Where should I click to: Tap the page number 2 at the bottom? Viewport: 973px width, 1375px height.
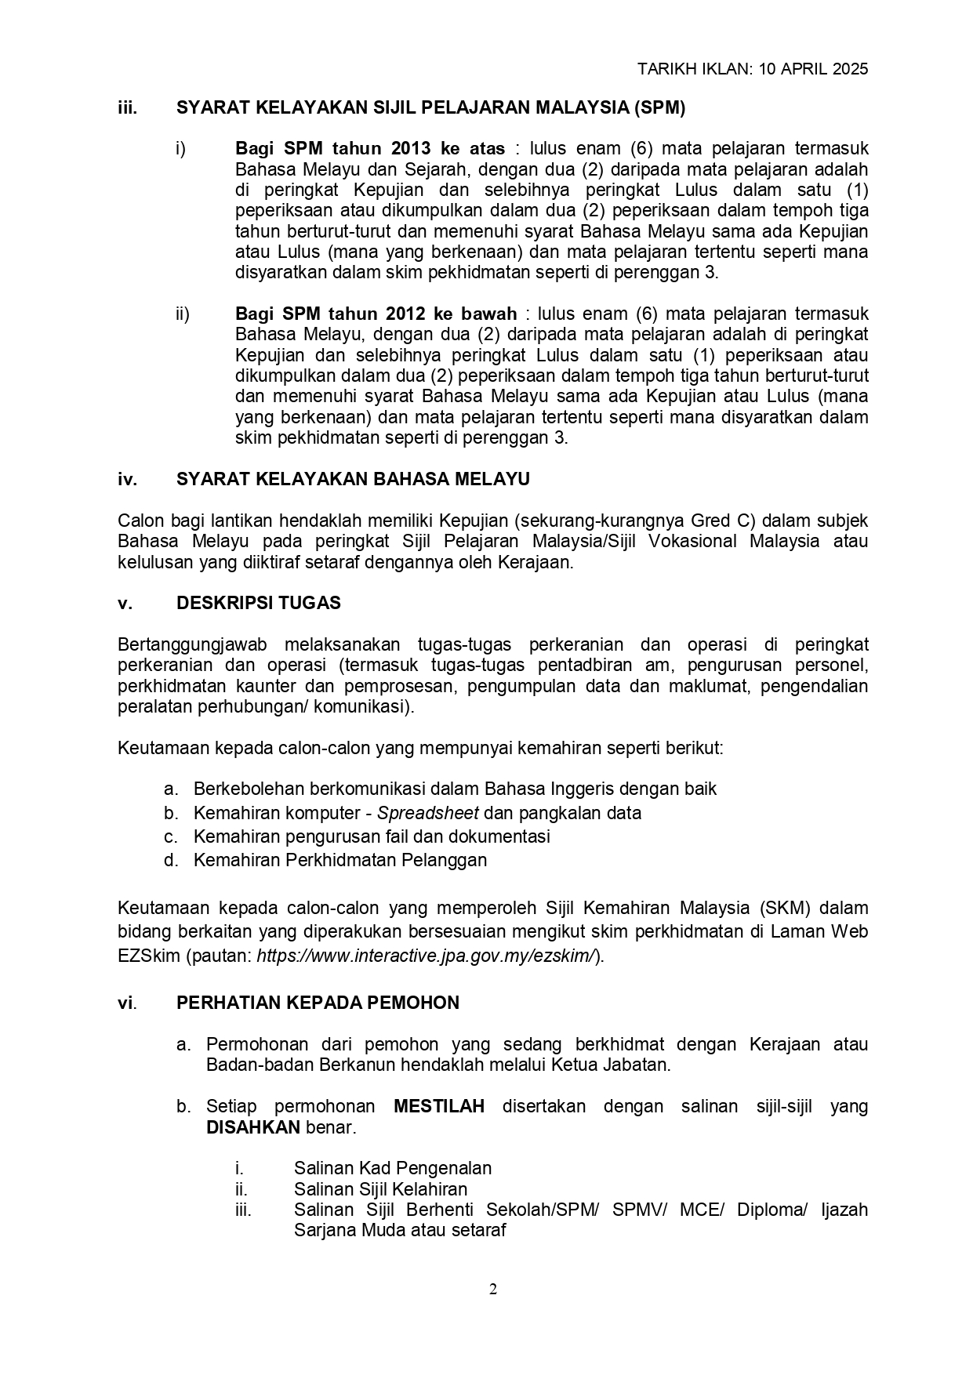tap(493, 1290)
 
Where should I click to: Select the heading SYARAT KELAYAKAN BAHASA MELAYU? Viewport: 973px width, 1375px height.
tap(353, 479)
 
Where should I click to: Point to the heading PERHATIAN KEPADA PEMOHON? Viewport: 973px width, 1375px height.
tap(318, 1003)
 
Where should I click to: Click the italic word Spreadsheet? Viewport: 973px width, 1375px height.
tap(428, 813)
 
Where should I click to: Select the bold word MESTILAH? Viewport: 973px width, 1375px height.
tap(439, 1106)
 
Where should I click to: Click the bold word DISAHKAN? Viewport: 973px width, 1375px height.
tap(252, 1127)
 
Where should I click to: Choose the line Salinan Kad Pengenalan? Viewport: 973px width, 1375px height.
tap(393, 1168)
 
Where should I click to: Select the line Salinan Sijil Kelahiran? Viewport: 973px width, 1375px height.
tap(380, 1189)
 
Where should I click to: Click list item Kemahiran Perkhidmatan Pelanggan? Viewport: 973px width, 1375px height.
tap(340, 860)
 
